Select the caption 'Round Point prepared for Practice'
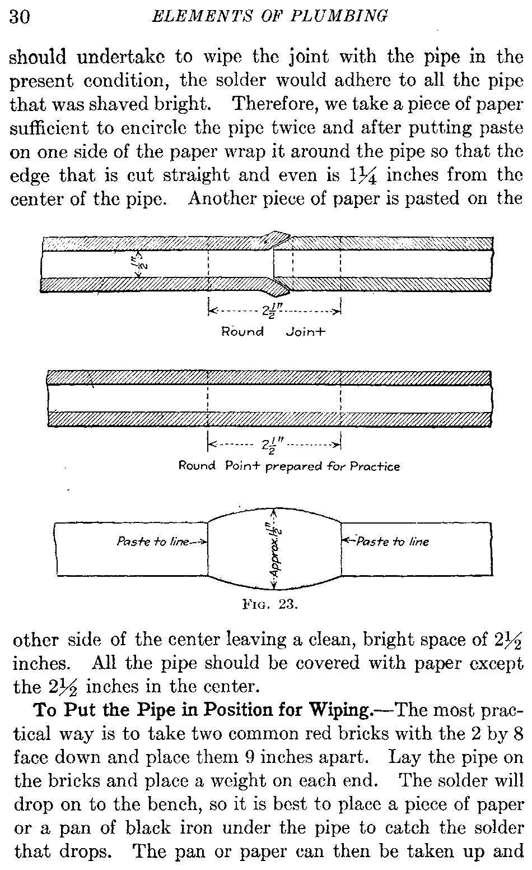click(x=289, y=466)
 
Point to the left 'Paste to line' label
click(x=152, y=542)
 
